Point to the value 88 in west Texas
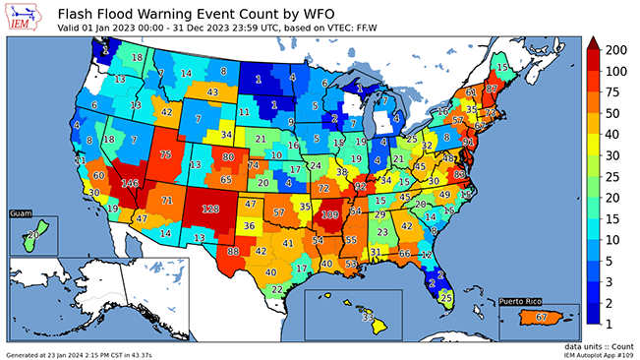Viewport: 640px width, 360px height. (x=233, y=251)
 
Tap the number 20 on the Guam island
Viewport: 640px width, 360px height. (x=32, y=234)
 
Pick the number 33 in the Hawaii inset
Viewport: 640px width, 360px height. (x=368, y=317)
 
